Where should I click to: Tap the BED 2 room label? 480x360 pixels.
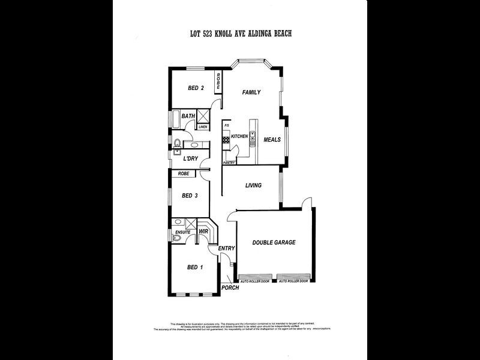click(196, 88)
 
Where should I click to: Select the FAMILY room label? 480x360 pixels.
click(251, 92)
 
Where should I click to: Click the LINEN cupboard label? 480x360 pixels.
click(203, 127)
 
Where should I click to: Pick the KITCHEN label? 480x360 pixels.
click(239, 137)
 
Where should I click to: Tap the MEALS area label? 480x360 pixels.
click(272, 140)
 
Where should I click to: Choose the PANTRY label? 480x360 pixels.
click(229, 163)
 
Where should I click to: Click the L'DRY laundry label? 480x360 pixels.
click(190, 158)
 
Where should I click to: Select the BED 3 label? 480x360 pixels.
click(190, 195)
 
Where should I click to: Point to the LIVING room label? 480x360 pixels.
click(253, 185)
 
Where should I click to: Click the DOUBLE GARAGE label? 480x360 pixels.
click(273, 242)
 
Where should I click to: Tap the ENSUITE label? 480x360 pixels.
click(182, 232)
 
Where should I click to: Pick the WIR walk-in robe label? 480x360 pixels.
click(203, 232)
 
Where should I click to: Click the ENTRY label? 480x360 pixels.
click(226, 248)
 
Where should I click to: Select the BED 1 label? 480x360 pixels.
click(195, 267)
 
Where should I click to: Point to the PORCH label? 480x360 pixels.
click(230, 287)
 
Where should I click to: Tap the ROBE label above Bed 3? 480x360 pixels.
click(184, 173)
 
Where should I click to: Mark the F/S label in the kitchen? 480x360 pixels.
click(226, 126)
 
